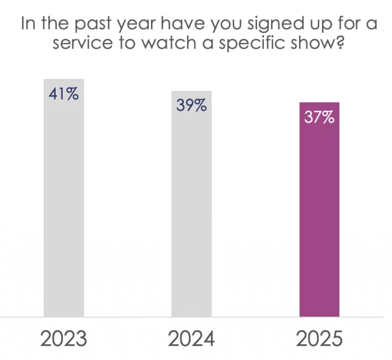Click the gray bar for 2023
(x=64, y=204)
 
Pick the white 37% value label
(x=319, y=117)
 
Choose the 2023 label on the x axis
(x=64, y=339)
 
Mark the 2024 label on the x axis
(x=191, y=339)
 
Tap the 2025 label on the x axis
(x=319, y=339)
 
